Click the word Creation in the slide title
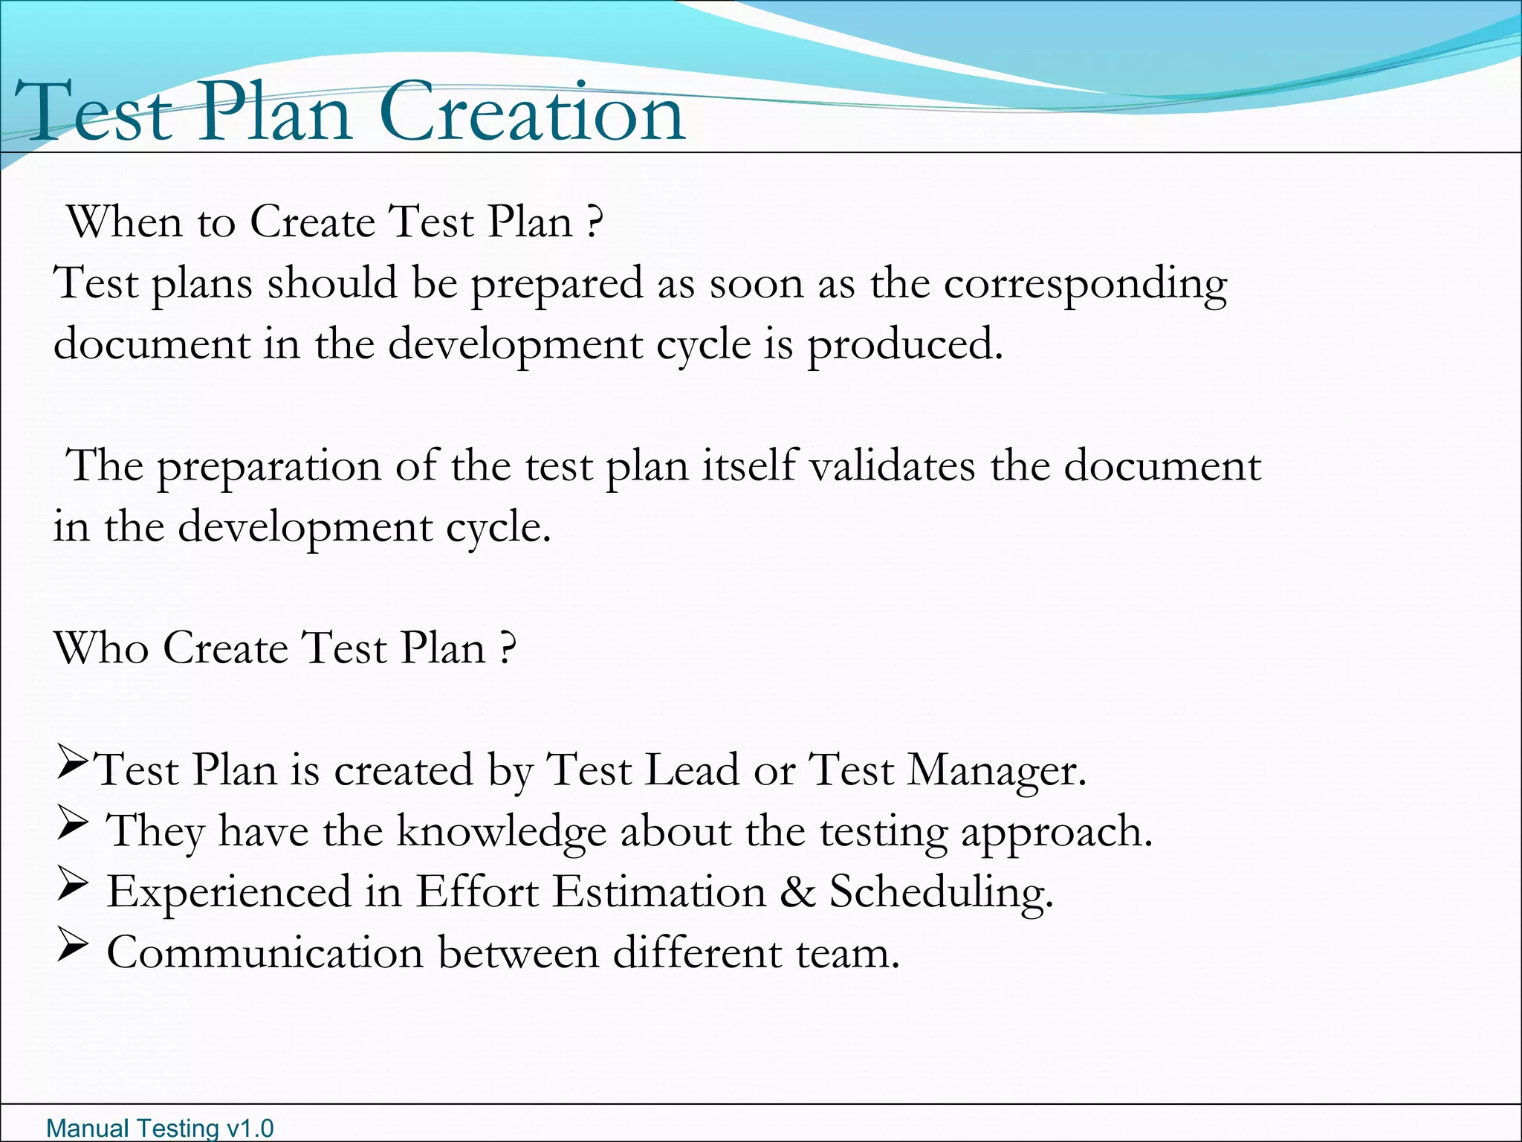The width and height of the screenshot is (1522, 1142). coord(532,113)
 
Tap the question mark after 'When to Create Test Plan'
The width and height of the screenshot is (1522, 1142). coord(593,222)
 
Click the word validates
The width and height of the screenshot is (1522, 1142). coord(891,467)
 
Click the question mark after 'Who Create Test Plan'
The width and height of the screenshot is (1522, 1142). coord(507,648)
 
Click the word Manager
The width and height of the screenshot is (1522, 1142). coord(996,770)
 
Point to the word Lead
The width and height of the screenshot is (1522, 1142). coord(691,770)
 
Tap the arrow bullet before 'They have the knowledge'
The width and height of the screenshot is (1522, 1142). coord(73,825)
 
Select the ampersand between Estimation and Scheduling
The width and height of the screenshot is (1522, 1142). coord(797,891)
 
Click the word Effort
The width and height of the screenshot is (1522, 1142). coord(476,891)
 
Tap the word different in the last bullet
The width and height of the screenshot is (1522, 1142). coord(697,952)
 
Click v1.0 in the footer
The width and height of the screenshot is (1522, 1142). coord(250,1129)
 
